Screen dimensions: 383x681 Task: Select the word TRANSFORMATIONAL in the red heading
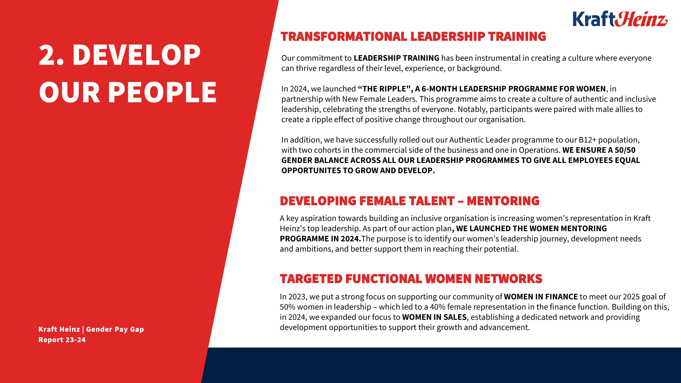point(344,37)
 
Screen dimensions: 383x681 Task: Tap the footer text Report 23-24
point(62,340)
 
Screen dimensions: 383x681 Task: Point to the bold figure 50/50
point(625,150)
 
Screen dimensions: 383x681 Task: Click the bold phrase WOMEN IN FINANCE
point(541,297)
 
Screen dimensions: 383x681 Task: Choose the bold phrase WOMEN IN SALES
point(434,317)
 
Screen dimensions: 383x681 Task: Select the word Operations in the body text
point(539,150)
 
